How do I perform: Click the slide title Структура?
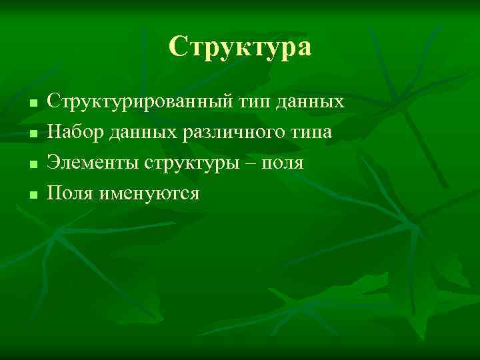click(240, 47)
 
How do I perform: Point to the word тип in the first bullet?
click(255, 102)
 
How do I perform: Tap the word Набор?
click(73, 132)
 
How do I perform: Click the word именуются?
click(149, 193)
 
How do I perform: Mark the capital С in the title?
click(177, 47)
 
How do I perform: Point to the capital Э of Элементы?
click(53, 163)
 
